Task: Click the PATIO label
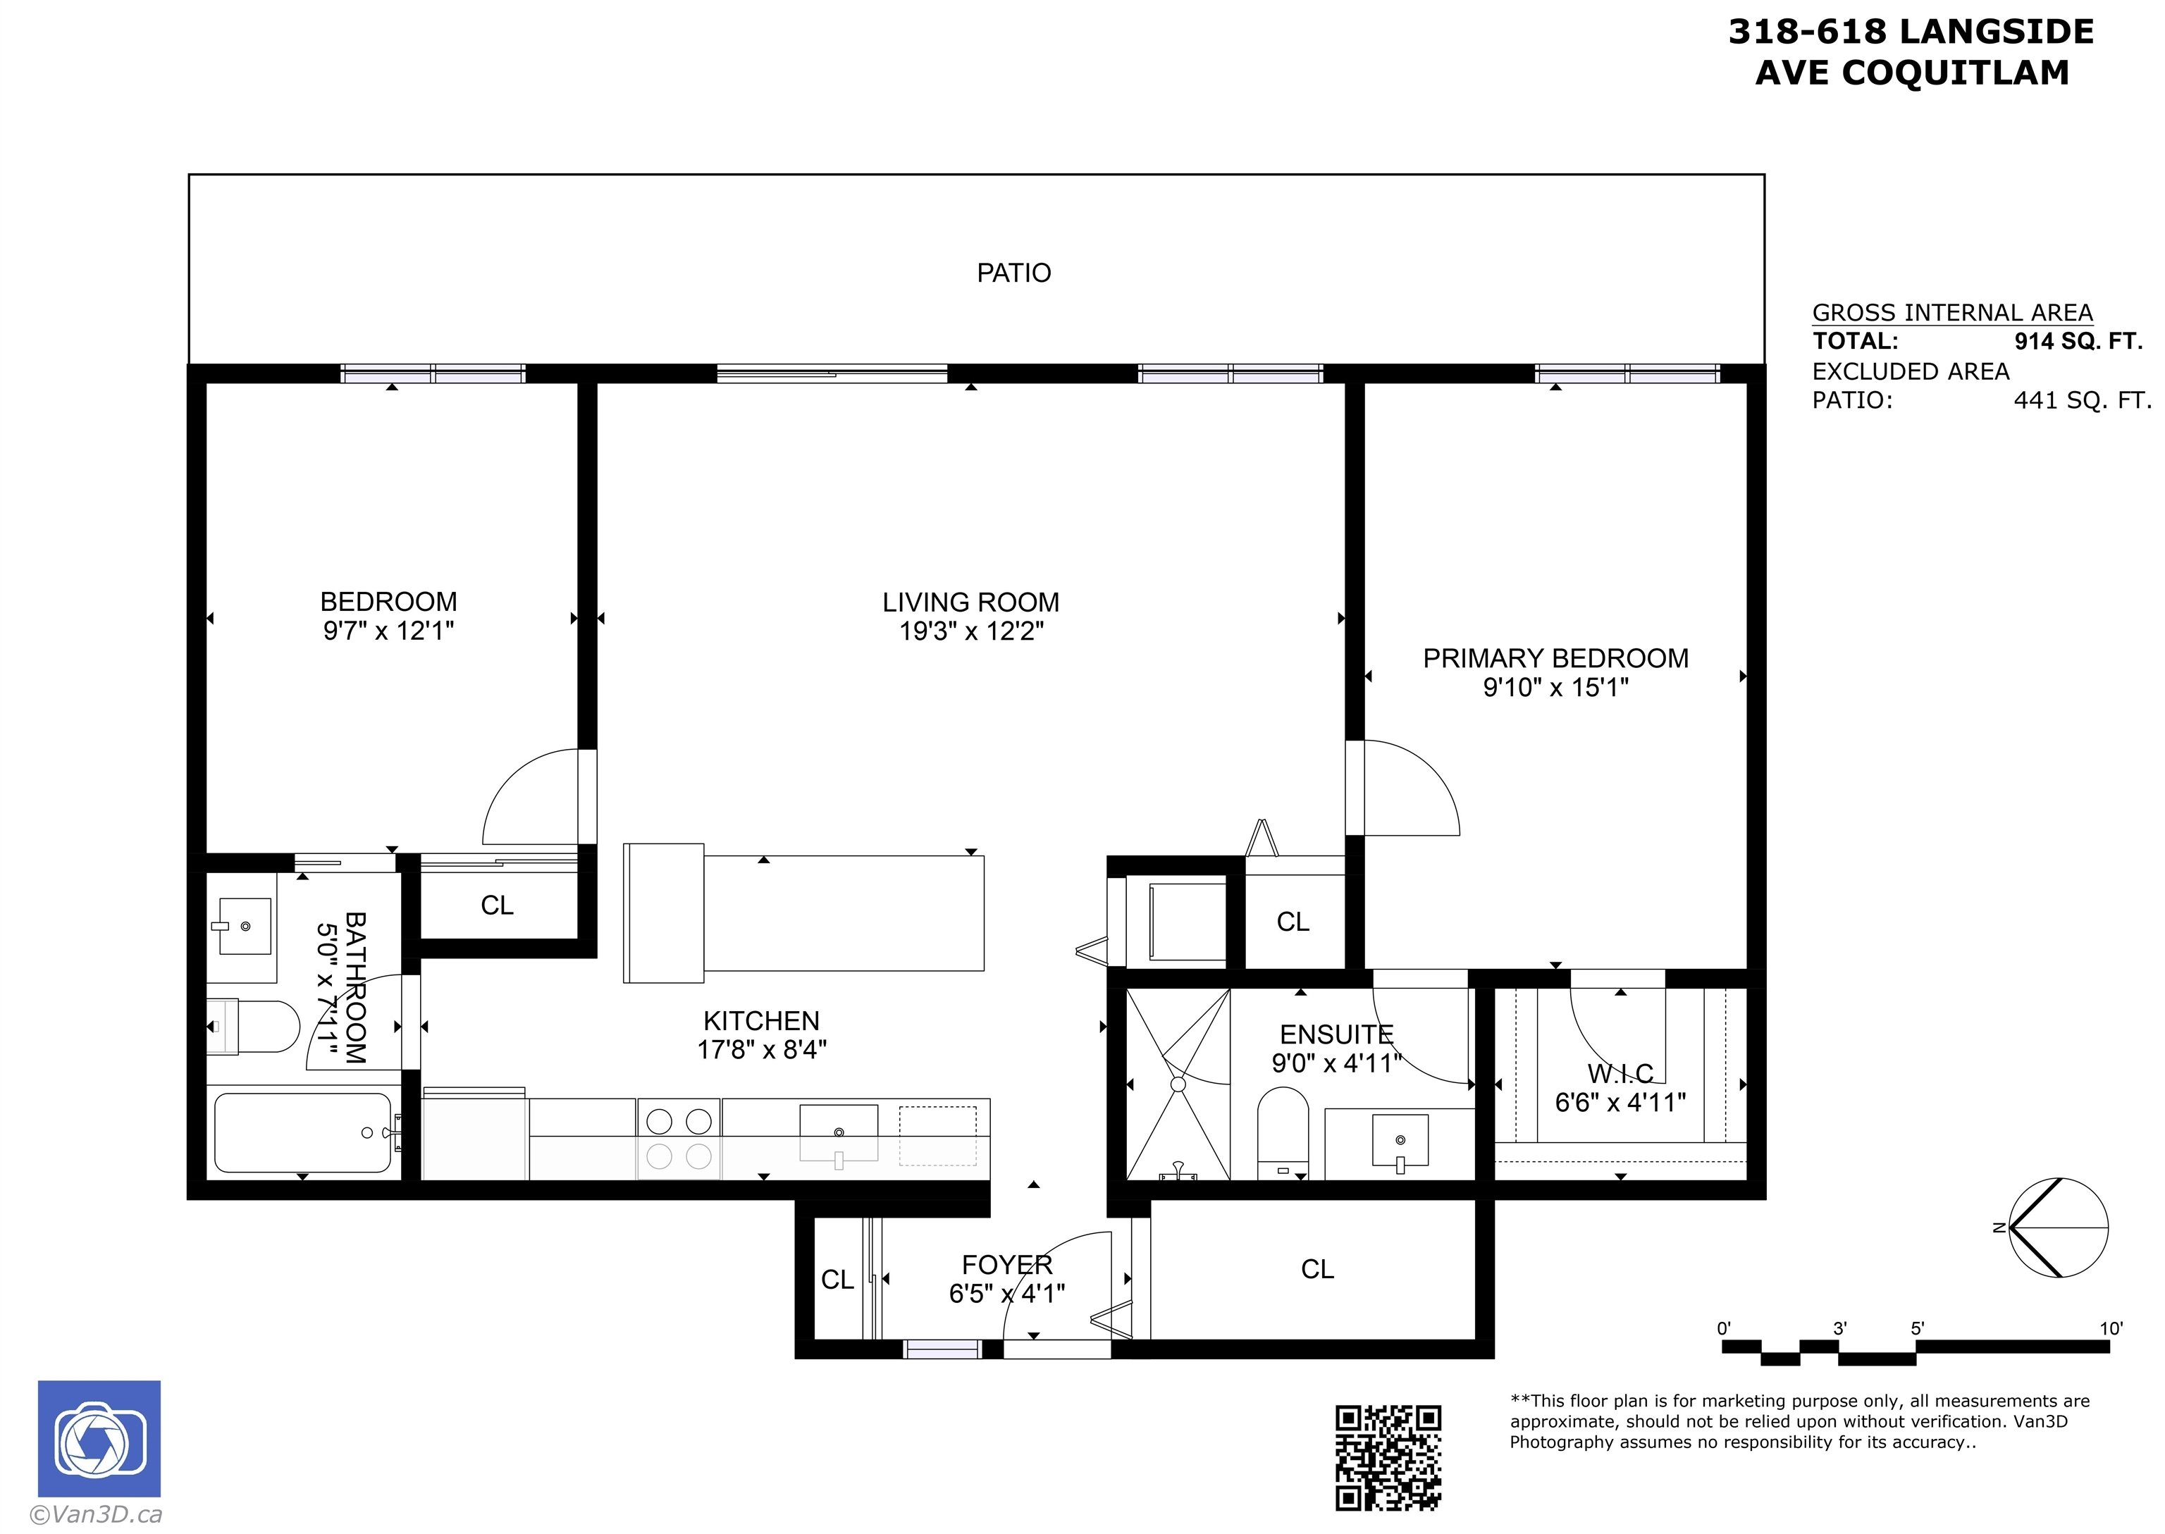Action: (1013, 273)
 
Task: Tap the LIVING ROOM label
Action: (971, 602)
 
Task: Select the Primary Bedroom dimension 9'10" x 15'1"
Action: (1555, 687)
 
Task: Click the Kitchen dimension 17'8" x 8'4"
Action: (761, 1049)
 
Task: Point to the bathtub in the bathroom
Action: (303, 1132)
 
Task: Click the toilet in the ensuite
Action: (1283, 1132)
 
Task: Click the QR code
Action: (1388, 1457)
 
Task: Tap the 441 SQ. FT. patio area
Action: (2082, 400)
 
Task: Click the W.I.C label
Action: (1621, 1073)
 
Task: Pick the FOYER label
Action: (1007, 1265)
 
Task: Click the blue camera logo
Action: (99, 1440)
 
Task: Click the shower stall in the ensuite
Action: (1178, 1084)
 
